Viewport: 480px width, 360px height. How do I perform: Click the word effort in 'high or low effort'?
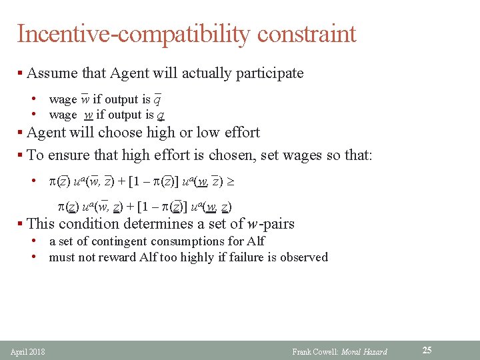pyautogui.click(x=236, y=132)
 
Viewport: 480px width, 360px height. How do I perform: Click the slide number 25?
pyautogui.click(x=427, y=350)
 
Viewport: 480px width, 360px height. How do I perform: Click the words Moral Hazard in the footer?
pyautogui.click(x=364, y=351)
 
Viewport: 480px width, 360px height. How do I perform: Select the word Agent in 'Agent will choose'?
pyautogui.click(x=48, y=132)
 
